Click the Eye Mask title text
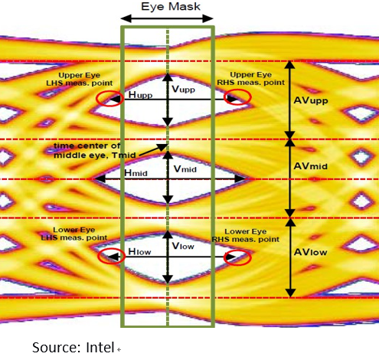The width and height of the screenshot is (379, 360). (x=171, y=7)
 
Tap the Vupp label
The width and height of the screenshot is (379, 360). (x=183, y=89)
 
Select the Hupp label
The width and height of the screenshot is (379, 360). (x=140, y=95)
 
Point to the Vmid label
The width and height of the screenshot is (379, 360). (x=185, y=169)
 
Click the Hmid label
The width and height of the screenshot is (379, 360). (x=136, y=173)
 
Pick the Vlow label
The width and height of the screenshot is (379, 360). (x=183, y=246)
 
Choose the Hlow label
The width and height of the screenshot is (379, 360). (x=139, y=251)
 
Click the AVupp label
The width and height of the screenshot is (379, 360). (x=311, y=100)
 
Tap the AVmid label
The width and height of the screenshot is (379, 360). (x=311, y=166)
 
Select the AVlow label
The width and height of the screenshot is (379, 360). (x=310, y=252)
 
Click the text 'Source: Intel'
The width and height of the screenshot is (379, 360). (x=74, y=348)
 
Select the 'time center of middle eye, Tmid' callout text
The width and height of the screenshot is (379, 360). (x=95, y=150)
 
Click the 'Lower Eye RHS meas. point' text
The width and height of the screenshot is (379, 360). (x=246, y=235)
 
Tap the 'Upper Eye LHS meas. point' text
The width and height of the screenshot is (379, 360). (x=80, y=79)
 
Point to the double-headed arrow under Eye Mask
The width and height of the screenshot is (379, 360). (x=167, y=18)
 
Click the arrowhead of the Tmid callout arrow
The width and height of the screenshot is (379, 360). (x=163, y=147)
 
